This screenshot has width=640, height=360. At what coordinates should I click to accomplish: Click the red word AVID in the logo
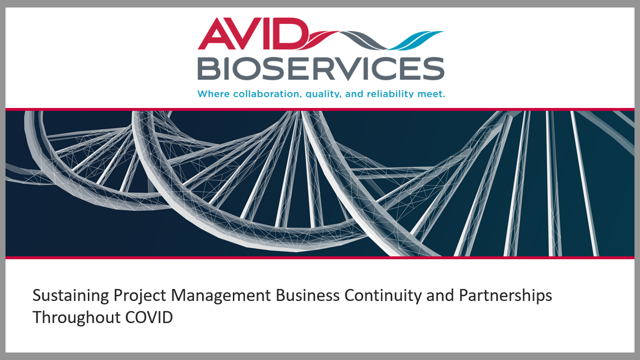click(253, 33)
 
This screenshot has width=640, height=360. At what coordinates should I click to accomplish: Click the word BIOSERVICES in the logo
click(321, 68)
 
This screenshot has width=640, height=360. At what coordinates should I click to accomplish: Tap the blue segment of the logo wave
click(416, 40)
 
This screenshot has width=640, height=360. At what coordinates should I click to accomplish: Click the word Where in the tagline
click(213, 93)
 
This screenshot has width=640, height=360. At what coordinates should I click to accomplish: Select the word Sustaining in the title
click(70, 295)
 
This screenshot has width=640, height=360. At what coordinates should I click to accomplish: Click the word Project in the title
click(139, 295)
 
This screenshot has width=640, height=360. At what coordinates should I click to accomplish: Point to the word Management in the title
click(220, 295)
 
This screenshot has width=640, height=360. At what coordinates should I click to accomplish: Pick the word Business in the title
click(307, 295)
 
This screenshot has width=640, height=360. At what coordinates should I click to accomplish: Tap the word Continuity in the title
click(383, 295)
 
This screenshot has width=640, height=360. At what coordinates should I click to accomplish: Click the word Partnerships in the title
click(505, 295)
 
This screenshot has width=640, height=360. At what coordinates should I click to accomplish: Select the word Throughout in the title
click(76, 318)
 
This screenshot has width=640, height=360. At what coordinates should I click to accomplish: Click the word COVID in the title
click(149, 317)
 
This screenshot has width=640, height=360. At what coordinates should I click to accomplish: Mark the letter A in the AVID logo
click(216, 33)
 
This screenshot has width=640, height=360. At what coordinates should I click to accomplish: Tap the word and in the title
click(440, 295)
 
